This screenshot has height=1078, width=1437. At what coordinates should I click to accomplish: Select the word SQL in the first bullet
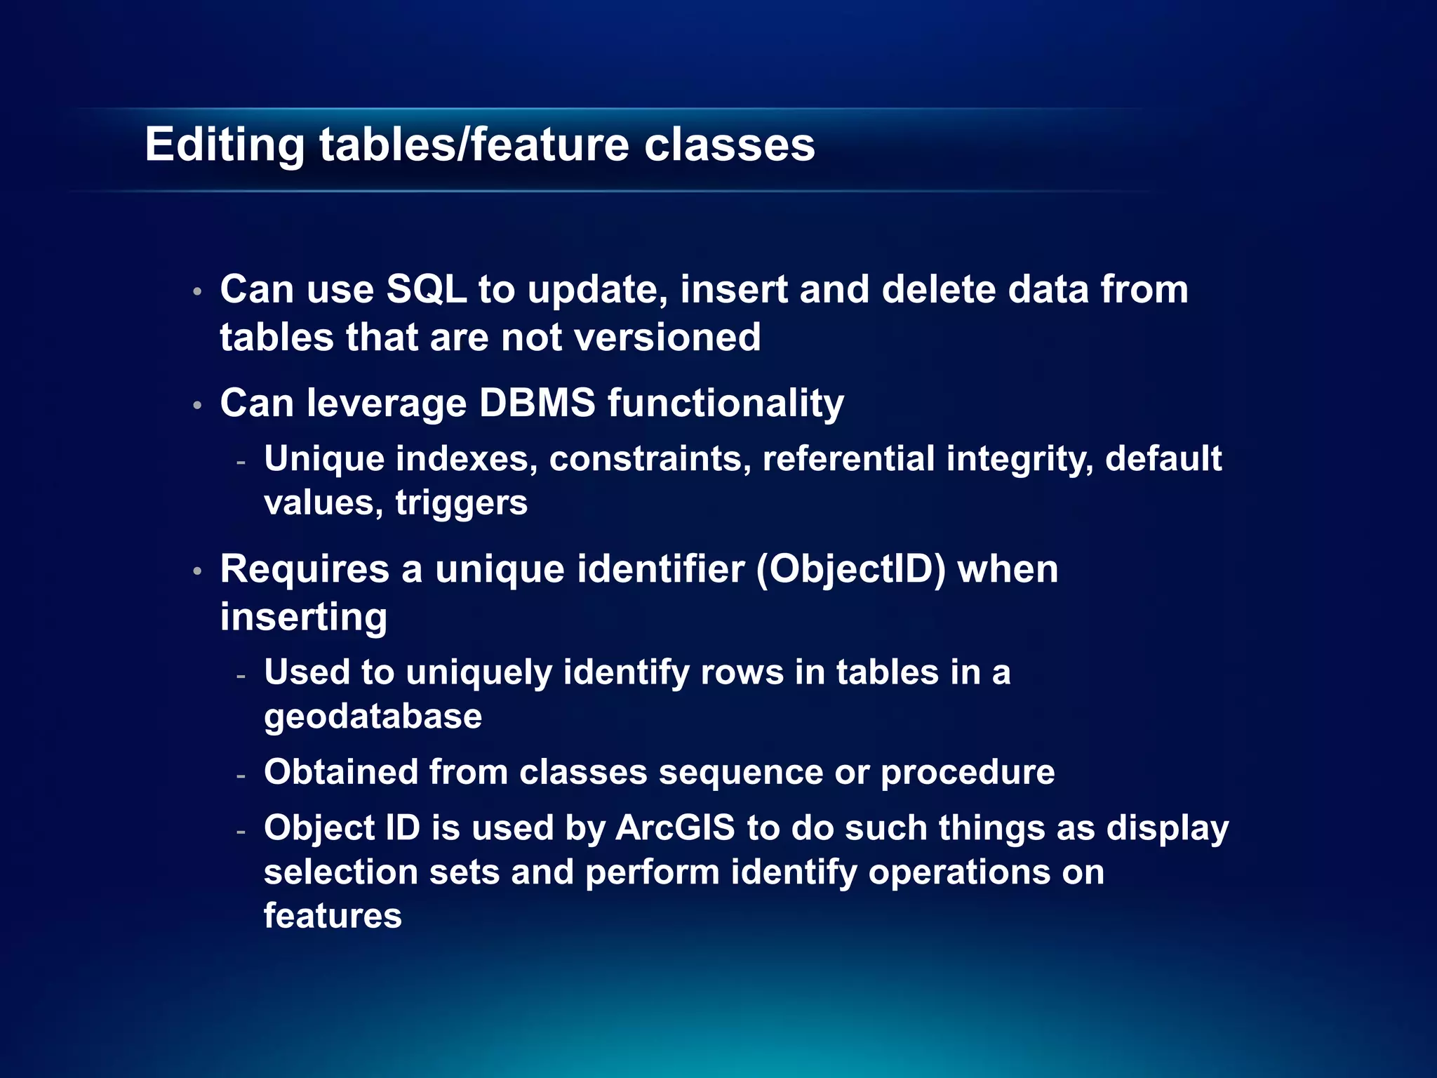427,289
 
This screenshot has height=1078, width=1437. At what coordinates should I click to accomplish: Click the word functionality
726,404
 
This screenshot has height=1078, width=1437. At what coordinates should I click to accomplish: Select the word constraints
650,459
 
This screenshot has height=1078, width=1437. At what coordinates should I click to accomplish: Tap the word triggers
461,503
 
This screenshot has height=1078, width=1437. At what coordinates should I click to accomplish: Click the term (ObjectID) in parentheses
850,569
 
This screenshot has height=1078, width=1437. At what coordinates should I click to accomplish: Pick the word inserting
303,617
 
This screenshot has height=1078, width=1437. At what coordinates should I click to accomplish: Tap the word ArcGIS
675,828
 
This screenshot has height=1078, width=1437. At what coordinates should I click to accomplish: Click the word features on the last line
333,916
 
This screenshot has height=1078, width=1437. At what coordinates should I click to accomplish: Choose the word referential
848,459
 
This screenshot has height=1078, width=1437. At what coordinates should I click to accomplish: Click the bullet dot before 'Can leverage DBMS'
198,405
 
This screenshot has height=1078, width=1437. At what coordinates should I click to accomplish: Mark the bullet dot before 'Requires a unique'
198,571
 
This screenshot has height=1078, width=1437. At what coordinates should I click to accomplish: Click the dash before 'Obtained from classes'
241,776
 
